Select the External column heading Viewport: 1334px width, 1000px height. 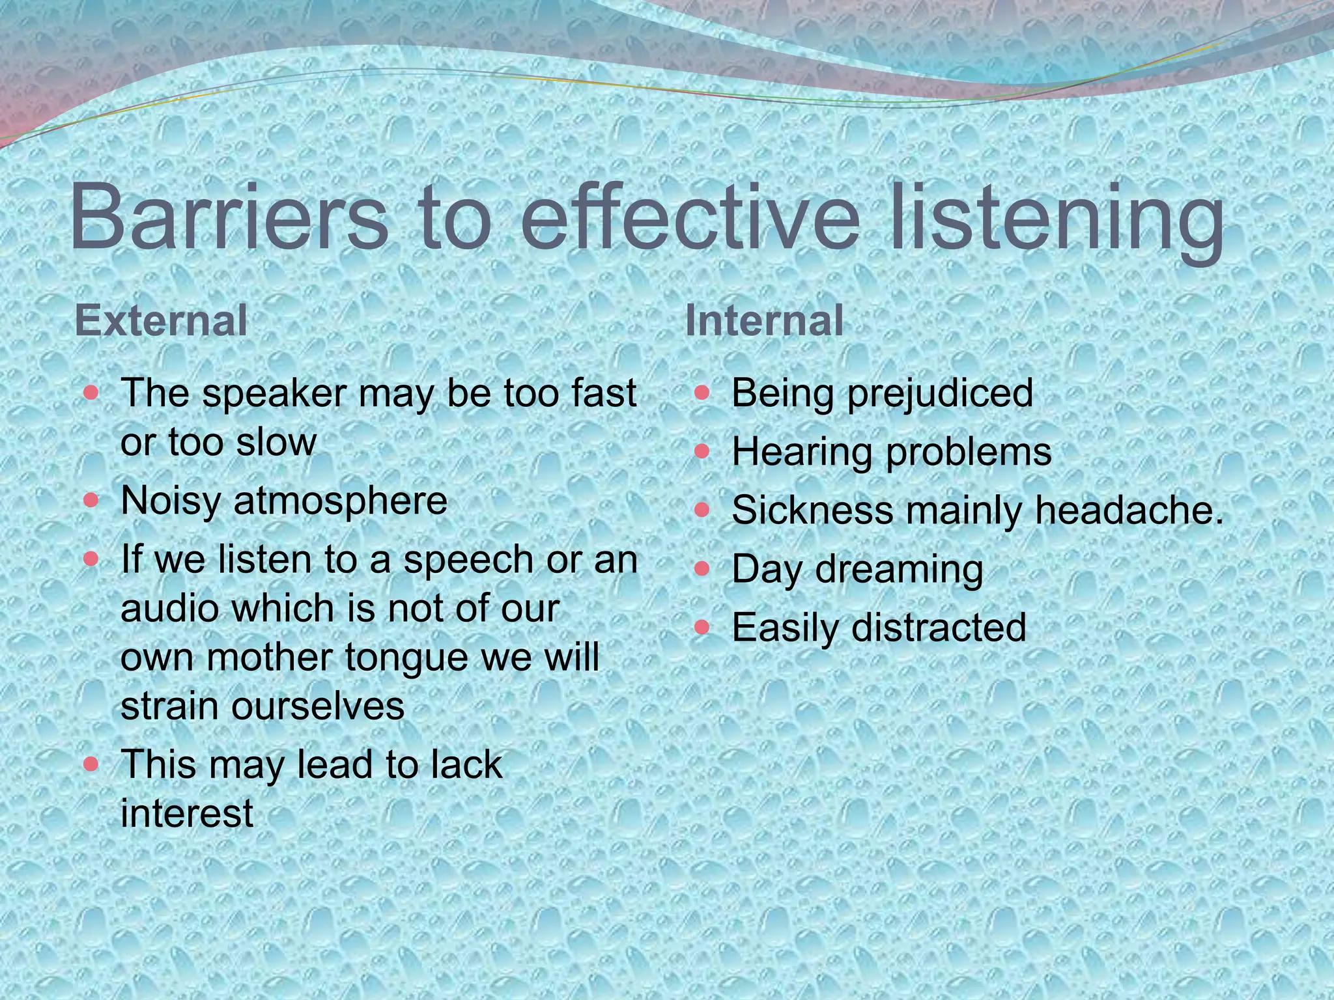click(x=161, y=320)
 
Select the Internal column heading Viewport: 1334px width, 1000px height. click(x=764, y=320)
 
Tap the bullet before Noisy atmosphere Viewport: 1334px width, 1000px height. click(x=91, y=501)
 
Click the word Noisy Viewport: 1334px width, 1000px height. click(x=171, y=502)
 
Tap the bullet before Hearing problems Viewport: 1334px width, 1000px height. click(x=702, y=451)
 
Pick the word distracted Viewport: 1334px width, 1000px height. click(x=938, y=628)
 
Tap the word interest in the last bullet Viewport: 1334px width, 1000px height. click(x=187, y=813)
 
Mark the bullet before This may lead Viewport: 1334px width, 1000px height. click(x=91, y=763)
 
